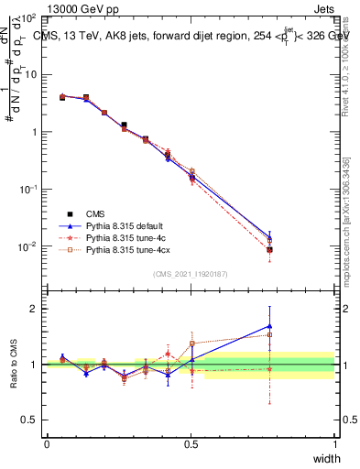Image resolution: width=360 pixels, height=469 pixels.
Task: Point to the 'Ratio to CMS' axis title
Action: click(14, 364)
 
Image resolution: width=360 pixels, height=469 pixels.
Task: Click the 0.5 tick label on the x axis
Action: click(191, 443)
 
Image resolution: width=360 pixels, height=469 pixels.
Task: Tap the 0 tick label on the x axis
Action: click(47, 443)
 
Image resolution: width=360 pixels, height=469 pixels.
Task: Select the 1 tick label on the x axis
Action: click(334, 443)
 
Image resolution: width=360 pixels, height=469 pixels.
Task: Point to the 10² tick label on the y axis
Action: click(27, 18)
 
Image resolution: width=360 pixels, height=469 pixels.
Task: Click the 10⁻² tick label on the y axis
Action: click(27, 246)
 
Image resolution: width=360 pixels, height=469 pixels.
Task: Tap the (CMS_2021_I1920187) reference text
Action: click(191, 273)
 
